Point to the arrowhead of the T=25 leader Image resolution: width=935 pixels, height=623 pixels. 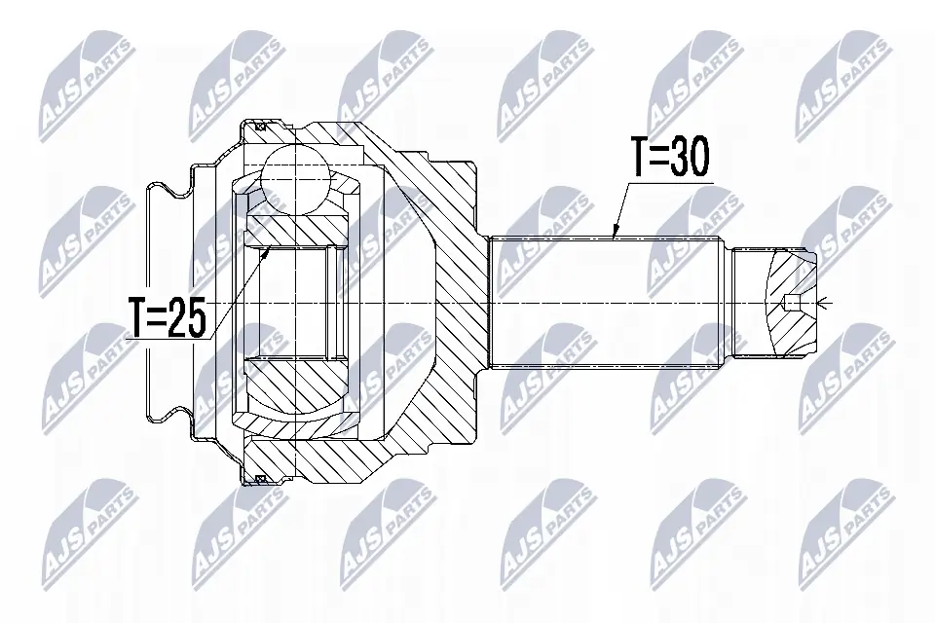pyautogui.click(x=270, y=248)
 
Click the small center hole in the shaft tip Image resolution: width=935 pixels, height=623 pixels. pyautogui.click(x=794, y=303)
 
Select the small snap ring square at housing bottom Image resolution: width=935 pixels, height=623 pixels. pyautogui.click(x=260, y=477)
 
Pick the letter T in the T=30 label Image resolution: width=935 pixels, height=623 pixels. pyautogui.click(x=642, y=159)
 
